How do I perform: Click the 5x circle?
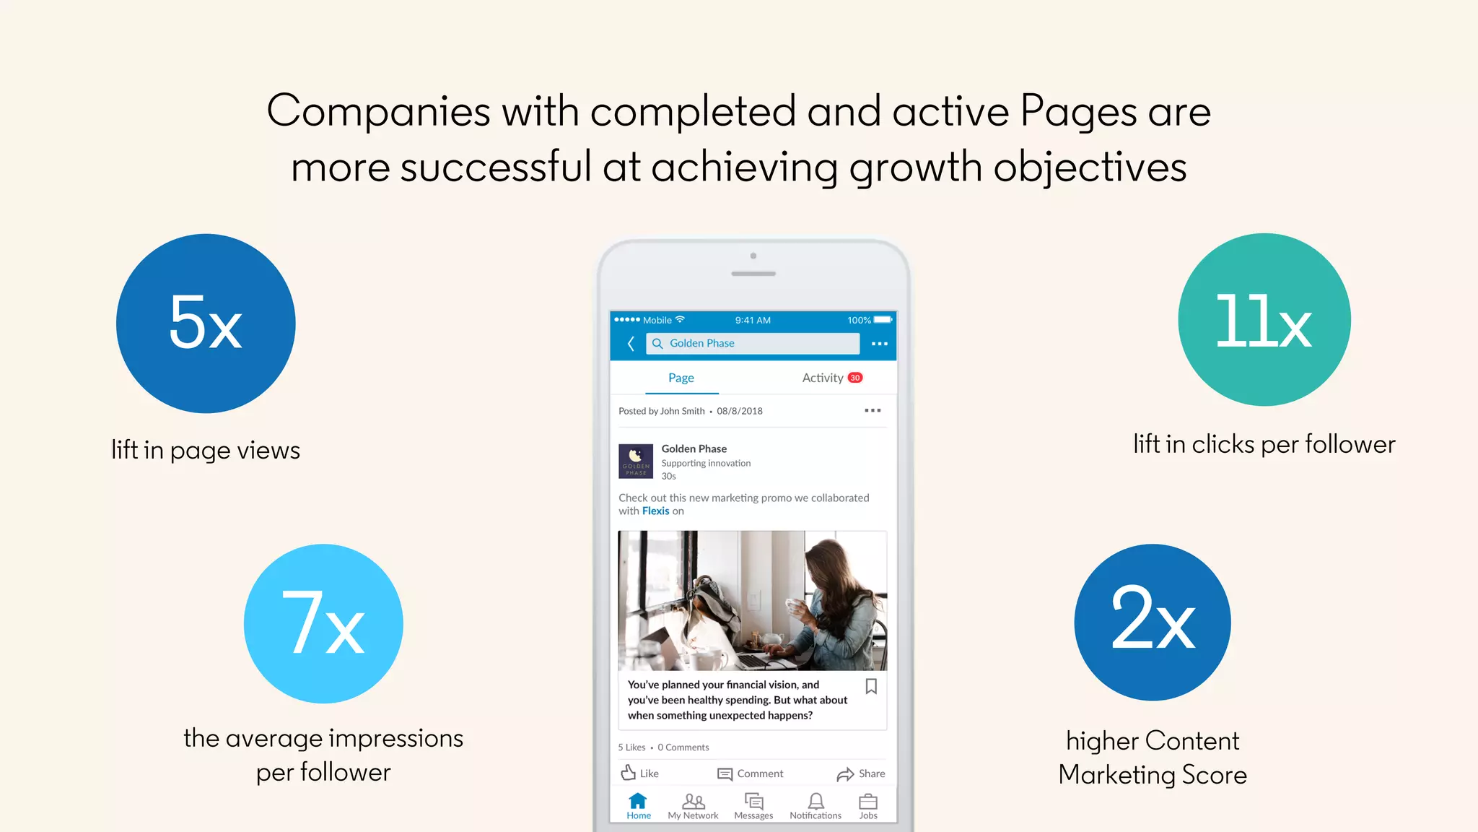click(206, 323)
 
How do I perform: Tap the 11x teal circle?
click(1264, 319)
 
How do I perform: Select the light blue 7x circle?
click(323, 623)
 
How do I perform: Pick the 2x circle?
click(1153, 622)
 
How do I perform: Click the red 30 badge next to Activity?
click(855, 378)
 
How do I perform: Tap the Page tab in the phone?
click(681, 378)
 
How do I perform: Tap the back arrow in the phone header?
click(631, 344)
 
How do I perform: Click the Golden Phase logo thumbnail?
click(636, 461)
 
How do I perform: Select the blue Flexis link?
click(655, 511)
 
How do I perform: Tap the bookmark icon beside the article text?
click(871, 686)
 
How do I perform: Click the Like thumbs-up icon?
click(629, 773)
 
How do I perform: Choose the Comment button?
click(750, 773)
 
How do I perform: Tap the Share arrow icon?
click(845, 774)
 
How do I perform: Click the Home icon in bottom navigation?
click(638, 801)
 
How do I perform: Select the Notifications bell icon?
click(815, 801)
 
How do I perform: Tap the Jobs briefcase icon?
click(868, 802)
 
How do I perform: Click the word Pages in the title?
click(1078, 112)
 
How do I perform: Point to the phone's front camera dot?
click(753, 256)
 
